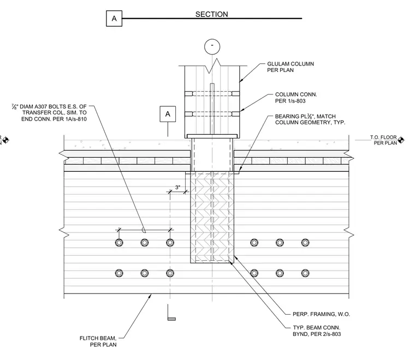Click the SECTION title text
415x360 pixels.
coord(211,14)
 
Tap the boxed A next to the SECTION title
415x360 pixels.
coord(114,19)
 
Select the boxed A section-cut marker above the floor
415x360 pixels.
coord(168,114)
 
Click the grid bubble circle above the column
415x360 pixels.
coord(212,47)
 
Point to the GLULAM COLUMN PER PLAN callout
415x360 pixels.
coord(290,67)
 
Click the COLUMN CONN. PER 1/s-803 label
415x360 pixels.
coord(296,98)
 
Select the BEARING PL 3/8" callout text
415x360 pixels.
coord(310,119)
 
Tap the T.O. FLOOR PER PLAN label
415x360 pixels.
coord(383,140)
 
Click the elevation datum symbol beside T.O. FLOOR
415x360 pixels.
coord(401,140)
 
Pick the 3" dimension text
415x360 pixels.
coord(177,188)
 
